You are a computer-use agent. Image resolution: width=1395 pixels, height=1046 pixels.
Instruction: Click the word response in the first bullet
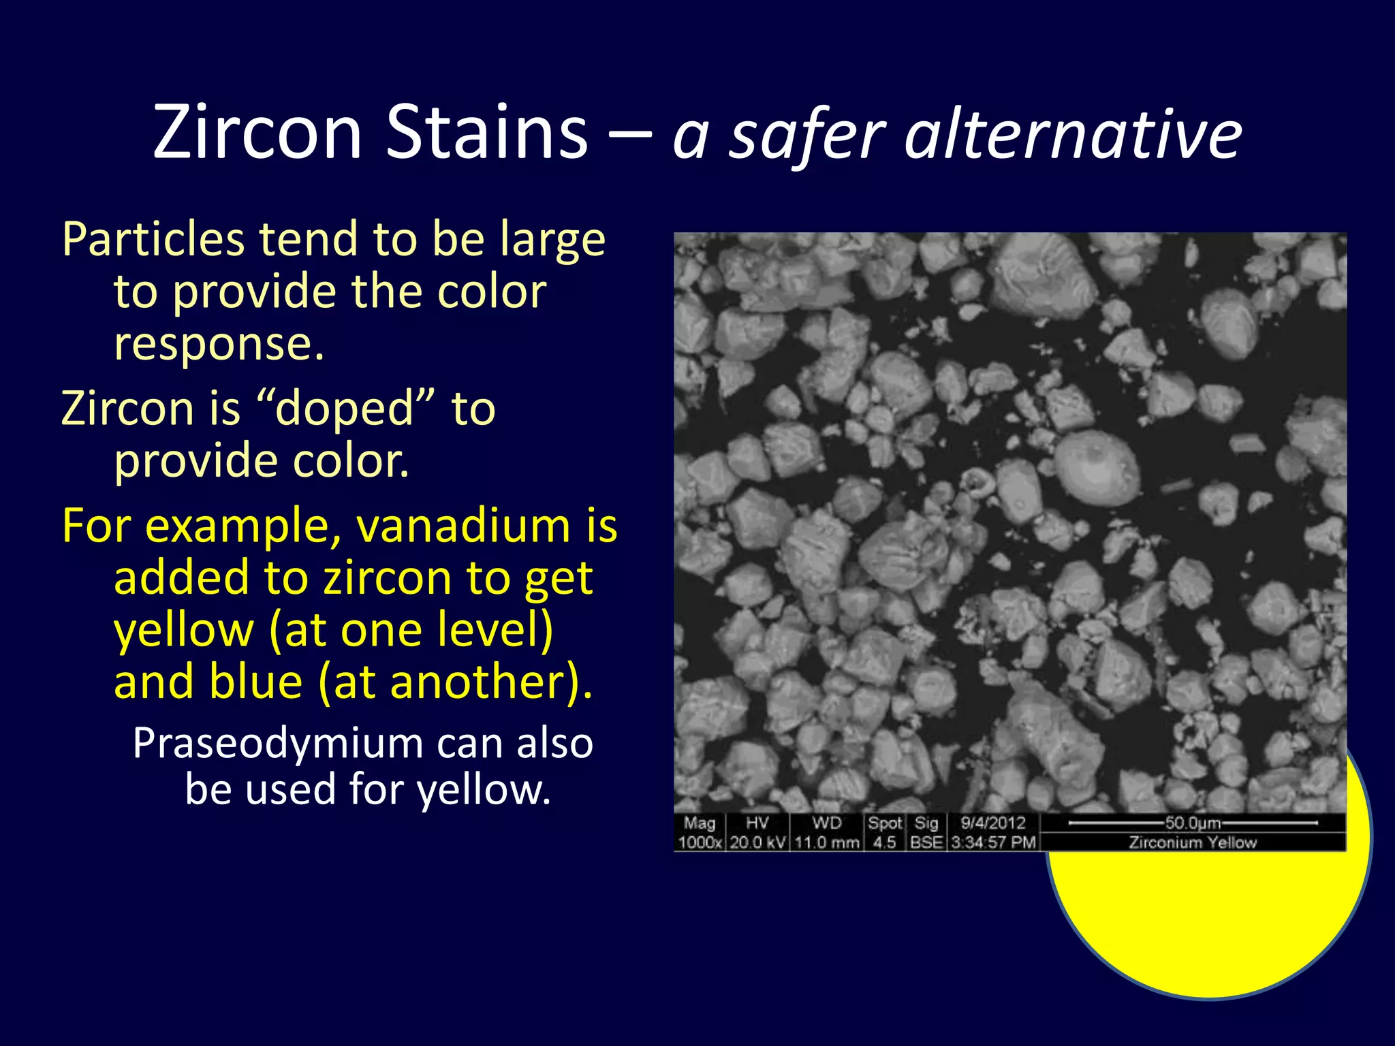point(218,344)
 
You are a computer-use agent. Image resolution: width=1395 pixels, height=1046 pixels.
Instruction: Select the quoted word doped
point(345,409)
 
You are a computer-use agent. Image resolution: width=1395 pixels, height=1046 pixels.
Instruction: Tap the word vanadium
point(463,526)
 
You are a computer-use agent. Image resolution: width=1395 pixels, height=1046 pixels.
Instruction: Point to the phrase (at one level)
point(411,630)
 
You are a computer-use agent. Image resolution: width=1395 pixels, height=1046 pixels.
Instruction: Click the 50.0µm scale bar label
point(1192,823)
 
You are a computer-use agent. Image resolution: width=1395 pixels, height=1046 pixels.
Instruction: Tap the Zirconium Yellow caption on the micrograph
point(1192,842)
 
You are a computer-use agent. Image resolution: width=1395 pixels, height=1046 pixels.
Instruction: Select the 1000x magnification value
point(700,842)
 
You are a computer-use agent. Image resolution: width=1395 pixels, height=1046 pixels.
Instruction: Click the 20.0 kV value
point(757,842)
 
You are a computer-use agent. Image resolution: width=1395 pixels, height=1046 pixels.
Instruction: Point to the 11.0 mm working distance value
point(826,842)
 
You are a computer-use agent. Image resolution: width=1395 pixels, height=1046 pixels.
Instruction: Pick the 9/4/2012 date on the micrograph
point(992,823)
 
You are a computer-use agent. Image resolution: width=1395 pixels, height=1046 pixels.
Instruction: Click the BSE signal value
point(926,842)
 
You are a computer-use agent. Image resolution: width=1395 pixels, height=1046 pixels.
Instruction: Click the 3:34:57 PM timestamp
point(992,842)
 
